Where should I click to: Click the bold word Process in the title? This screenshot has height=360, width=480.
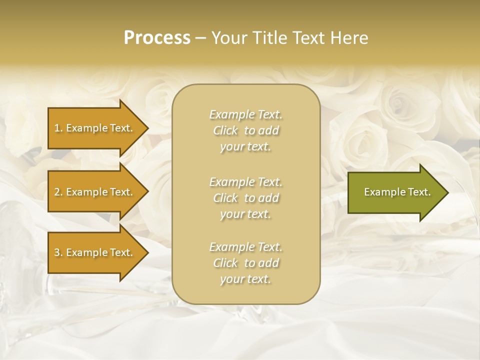(157, 38)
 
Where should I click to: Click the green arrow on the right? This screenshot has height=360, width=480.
(395, 192)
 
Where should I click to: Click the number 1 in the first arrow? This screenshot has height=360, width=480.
(57, 128)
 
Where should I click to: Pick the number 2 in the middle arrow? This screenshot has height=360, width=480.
(57, 192)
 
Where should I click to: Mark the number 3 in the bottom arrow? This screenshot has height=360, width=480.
(57, 252)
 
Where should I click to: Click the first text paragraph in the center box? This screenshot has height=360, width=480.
(245, 130)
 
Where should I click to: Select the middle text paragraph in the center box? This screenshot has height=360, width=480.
(245, 198)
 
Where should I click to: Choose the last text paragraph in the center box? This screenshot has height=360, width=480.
(245, 263)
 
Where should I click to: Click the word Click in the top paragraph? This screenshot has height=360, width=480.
(225, 131)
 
